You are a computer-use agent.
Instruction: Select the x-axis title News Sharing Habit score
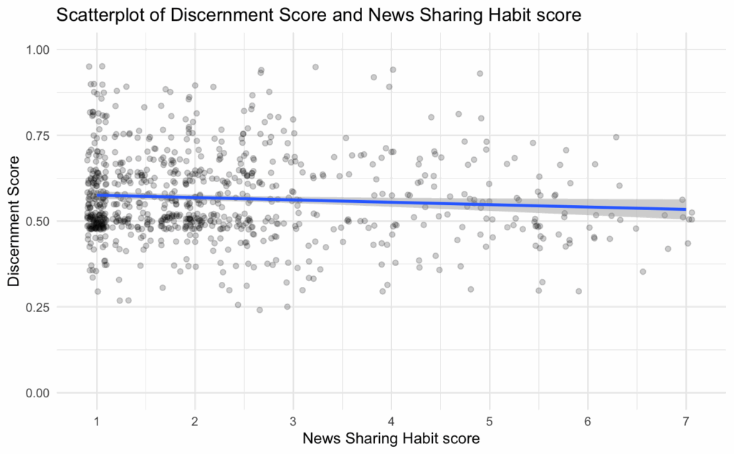click(x=391, y=438)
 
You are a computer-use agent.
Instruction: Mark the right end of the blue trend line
click(x=686, y=209)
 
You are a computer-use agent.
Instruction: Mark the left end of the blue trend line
click(x=97, y=194)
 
